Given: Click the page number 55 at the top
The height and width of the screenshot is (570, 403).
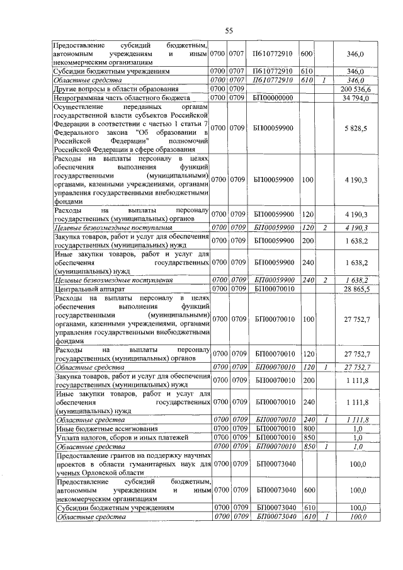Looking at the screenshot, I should pos(229,31).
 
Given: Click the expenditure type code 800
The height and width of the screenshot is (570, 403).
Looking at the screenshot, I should pos(307,428).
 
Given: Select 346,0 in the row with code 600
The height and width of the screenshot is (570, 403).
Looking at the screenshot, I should pos(356,55).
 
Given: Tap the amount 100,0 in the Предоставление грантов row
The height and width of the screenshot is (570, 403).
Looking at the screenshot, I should pos(358,464).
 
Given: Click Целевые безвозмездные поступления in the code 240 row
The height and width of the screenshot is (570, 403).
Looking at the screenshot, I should pos(105,279).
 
